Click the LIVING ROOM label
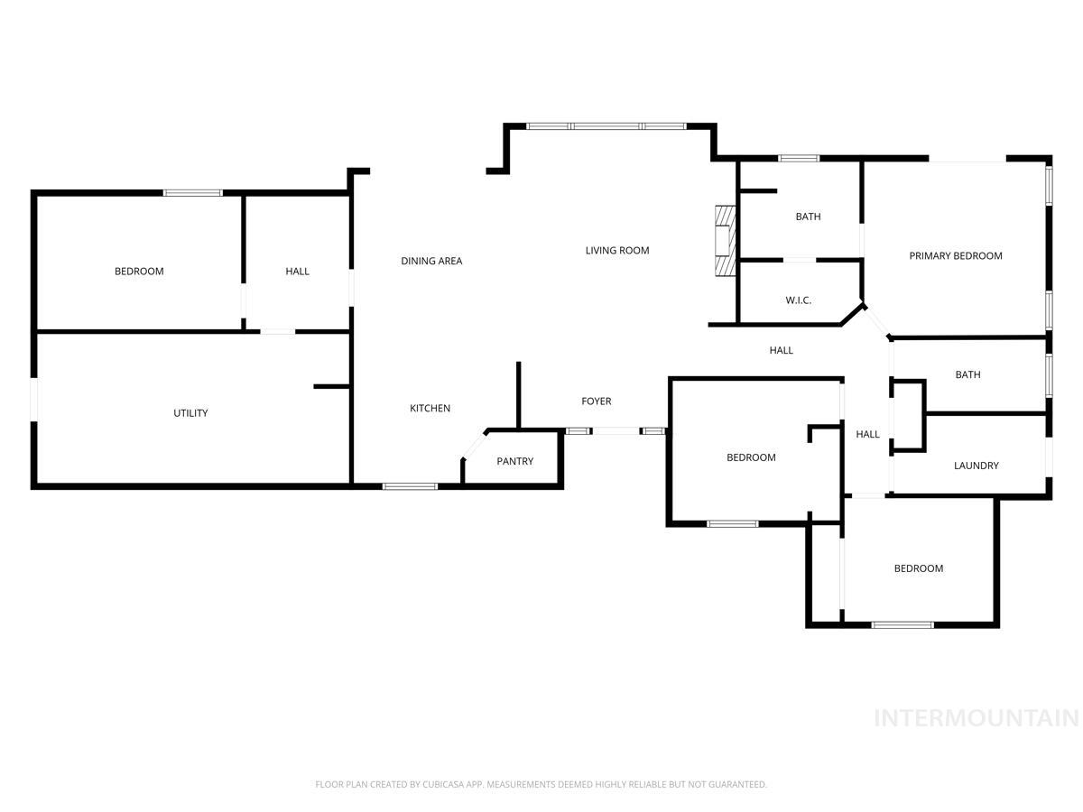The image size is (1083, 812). pyautogui.click(x=617, y=251)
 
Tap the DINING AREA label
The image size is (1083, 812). pyautogui.click(x=431, y=262)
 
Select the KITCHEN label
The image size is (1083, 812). pyautogui.click(x=430, y=409)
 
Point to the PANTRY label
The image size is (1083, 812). pyautogui.click(x=514, y=462)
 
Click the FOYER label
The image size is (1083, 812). pyautogui.click(x=596, y=401)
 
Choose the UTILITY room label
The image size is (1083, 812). pyautogui.click(x=190, y=413)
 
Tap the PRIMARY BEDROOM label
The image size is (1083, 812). pyautogui.click(x=955, y=256)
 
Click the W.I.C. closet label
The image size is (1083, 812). pyautogui.click(x=798, y=300)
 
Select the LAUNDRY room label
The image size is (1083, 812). pyautogui.click(x=976, y=466)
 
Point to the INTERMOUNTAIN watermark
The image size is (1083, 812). pyautogui.click(x=977, y=718)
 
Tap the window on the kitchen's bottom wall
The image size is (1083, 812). pyautogui.click(x=410, y=486)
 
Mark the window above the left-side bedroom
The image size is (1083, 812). pyautogui.click(x=192, y=192)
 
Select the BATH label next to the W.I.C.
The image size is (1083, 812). pyautogui.click(x=808, y=217)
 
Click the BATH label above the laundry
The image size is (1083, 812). pyautogui.click(x=967, y=375)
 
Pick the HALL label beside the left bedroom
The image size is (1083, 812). pyautogui.click(x=297, y=272)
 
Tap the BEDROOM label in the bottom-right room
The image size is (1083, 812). pyautogui.click(x=918, y=568)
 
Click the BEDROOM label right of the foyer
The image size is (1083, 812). pyautogui.click(x=751, y=458)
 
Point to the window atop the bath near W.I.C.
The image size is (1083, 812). pyautogui.click(x=799, y=159)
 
